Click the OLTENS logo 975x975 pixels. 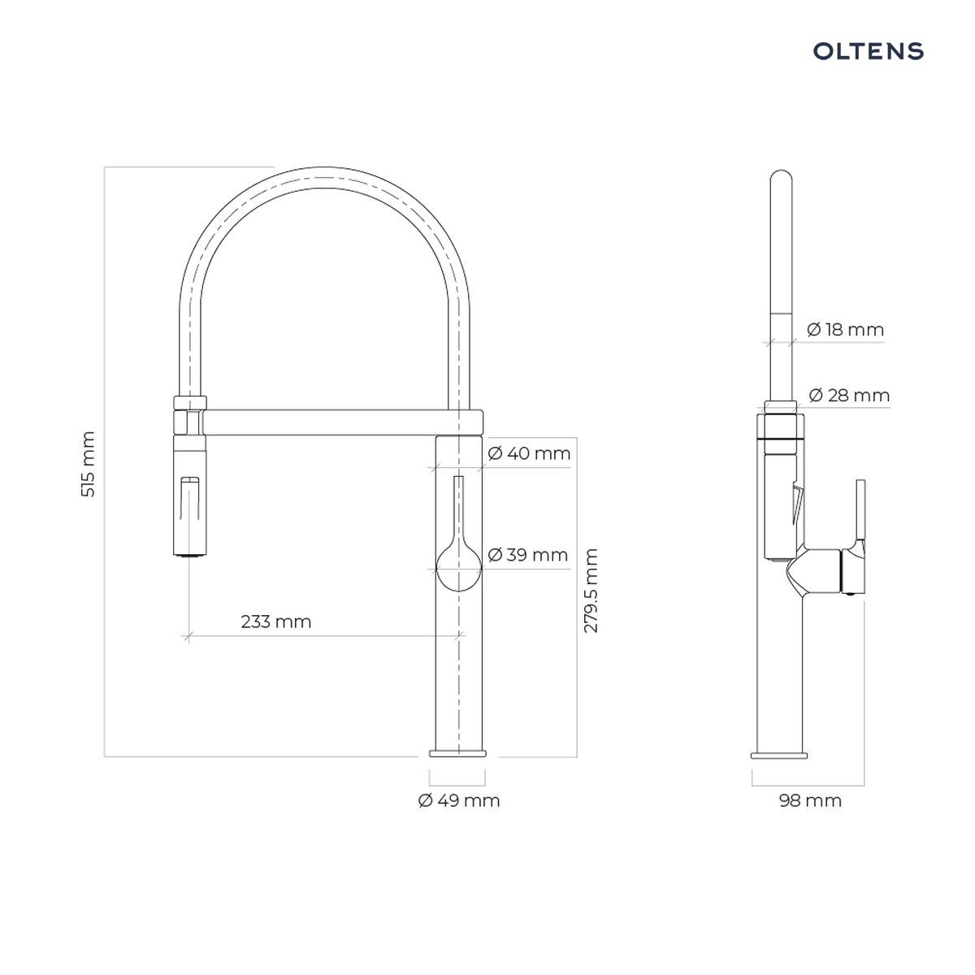(x=868, y=51)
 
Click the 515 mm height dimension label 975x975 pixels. (x=88, y=464)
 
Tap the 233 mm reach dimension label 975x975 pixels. (x=275, y=621)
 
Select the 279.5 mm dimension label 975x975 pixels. (x=591, y=590)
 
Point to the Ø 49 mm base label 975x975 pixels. (x=459, y=800)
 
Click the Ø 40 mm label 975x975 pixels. (x=529, y=453)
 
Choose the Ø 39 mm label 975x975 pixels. (x=527, y=555)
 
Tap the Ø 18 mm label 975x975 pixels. (x=845, y=329)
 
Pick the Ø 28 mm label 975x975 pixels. (x=849, y=395)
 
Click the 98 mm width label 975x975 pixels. (x=810, y=800)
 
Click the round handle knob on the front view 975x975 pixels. (x=458, y=569)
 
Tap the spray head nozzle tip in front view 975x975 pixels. (x=190, y=555)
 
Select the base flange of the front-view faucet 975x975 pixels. (x=457, y=768)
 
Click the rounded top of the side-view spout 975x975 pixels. (x=781, y=177)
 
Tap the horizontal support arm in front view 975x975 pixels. (x=343, y=422)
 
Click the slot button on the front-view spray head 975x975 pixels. (x=190, y=498)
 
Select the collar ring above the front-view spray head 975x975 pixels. (x=190, y=402)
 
